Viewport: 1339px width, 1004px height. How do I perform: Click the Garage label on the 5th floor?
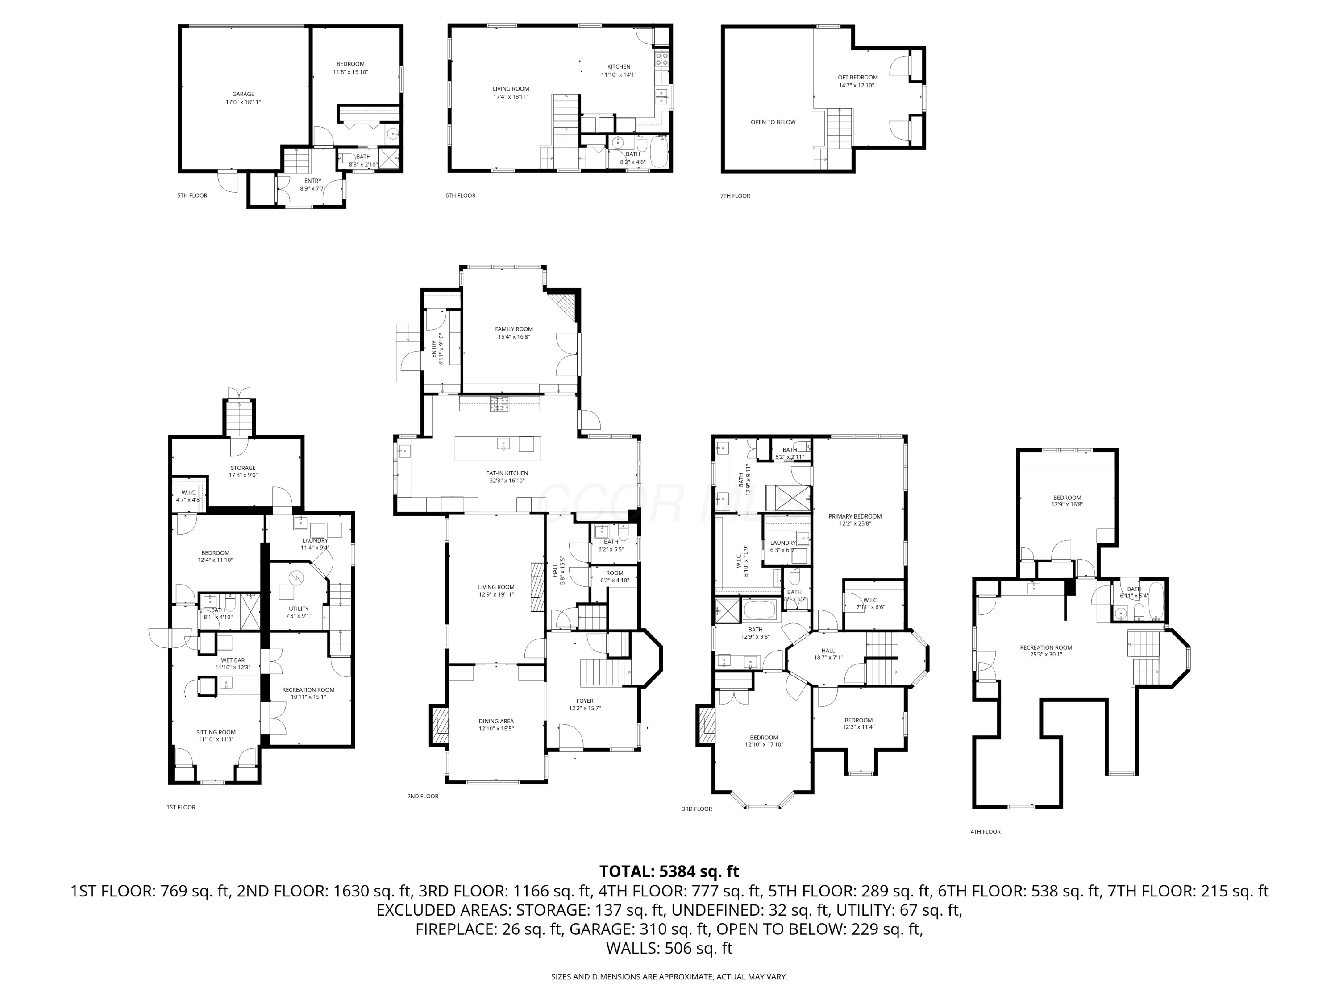[243, 95]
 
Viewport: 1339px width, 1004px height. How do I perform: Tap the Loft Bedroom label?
[856, 78]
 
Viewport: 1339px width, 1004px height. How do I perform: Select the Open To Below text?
[773, 122]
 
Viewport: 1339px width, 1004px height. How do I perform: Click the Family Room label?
[513, 329]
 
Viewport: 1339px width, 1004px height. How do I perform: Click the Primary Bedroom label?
[855, 516]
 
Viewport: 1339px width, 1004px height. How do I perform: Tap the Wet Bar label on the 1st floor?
[233, 660]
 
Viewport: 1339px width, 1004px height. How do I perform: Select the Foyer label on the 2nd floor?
[585, 701]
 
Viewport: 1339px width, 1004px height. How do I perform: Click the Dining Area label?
[496, 722]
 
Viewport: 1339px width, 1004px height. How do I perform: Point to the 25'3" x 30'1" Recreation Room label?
[1045, 654]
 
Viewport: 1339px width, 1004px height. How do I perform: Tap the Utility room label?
[299, 609]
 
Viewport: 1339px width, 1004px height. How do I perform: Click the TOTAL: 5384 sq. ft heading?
[669, 871]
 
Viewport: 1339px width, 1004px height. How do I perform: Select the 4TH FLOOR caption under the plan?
[985, 831]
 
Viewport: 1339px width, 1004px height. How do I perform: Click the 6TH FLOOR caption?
[460, 195]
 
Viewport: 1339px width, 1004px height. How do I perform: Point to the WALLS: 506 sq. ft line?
[669, 948]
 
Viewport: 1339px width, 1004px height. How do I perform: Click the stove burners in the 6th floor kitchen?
[662, 59]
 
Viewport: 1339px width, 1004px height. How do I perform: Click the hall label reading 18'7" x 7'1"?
[828, 658]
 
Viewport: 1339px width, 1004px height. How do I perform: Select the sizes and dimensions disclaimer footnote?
[669, 977]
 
